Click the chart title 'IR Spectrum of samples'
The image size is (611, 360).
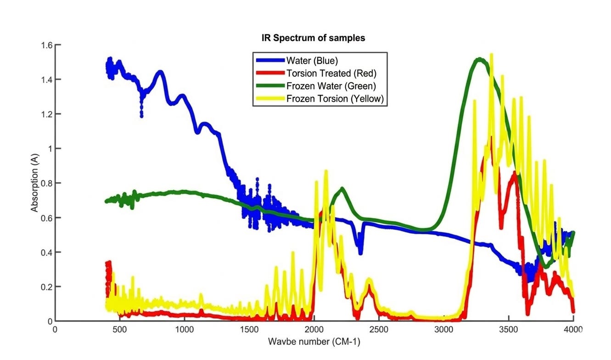[x=313, y=38]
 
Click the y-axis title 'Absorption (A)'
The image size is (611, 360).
[x=34, y=183]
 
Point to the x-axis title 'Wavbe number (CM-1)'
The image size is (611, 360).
[x=314, y=342]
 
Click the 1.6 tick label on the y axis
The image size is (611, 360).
[x=47, y=45]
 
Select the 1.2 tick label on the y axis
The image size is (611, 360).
[x=47, y=114]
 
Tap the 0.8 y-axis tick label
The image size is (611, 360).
[x=47, y=183]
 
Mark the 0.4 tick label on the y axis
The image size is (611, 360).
[x=47, y=252]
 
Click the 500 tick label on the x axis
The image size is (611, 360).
[x=119, y=329]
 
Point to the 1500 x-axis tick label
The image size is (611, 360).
[x=249, y=329]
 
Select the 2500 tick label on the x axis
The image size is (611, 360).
[x=379, y=329]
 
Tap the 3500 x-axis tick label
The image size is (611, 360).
[x=508, y=329]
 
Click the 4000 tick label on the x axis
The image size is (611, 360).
[x=573, y=329]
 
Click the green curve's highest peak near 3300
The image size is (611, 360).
[x=479, y=59]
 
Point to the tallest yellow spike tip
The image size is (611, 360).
[x=492, y=54]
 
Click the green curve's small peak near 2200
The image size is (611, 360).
[x=342, y=189]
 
